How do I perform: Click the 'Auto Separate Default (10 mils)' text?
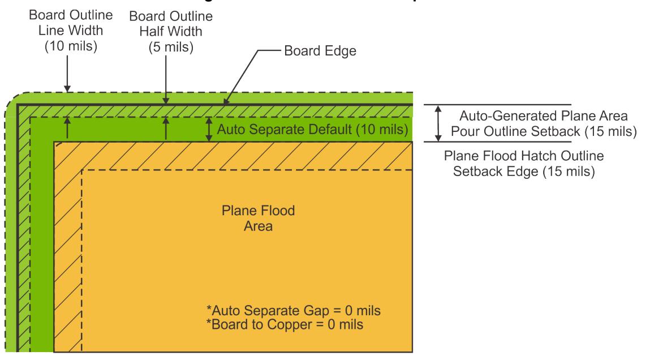312,130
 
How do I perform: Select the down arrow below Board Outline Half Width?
165,85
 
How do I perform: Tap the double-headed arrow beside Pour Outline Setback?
437,123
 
